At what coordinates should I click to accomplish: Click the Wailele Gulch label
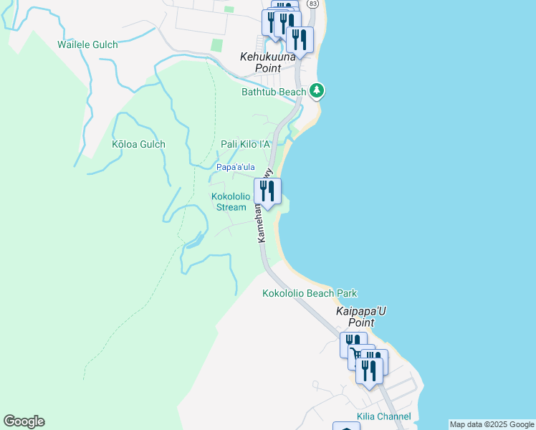point(87,44)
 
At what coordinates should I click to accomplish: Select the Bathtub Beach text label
point(274,92)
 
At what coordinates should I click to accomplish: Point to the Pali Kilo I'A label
point(246,144)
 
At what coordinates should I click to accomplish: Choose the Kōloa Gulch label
point(138,144)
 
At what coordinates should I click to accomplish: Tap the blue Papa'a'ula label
point(236,167)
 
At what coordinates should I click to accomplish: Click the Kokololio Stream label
point(231,201)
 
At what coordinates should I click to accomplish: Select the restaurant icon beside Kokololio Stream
point(267,191)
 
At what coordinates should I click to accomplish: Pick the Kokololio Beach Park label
point(310,293)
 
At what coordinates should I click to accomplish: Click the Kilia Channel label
point(384,416)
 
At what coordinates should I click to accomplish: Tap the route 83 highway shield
point(312,4)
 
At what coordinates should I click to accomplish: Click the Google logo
point(24,421)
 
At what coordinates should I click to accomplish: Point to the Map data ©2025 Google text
point(492,424)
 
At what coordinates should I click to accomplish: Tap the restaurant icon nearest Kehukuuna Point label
point(300,40)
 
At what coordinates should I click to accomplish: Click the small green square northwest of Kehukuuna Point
point(217,44)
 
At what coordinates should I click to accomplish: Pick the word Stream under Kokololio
point(231,207)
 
